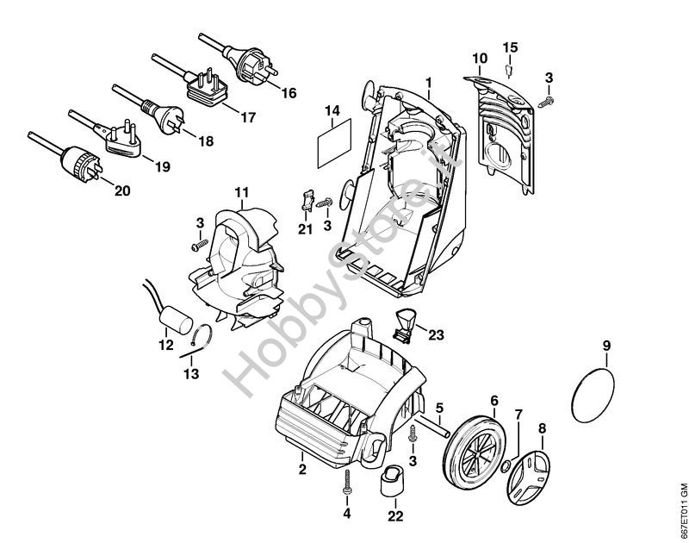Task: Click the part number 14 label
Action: [x=332, y=110]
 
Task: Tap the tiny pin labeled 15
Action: [x=508, y=69]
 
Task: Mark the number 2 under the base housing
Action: [x=302, y=470]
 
